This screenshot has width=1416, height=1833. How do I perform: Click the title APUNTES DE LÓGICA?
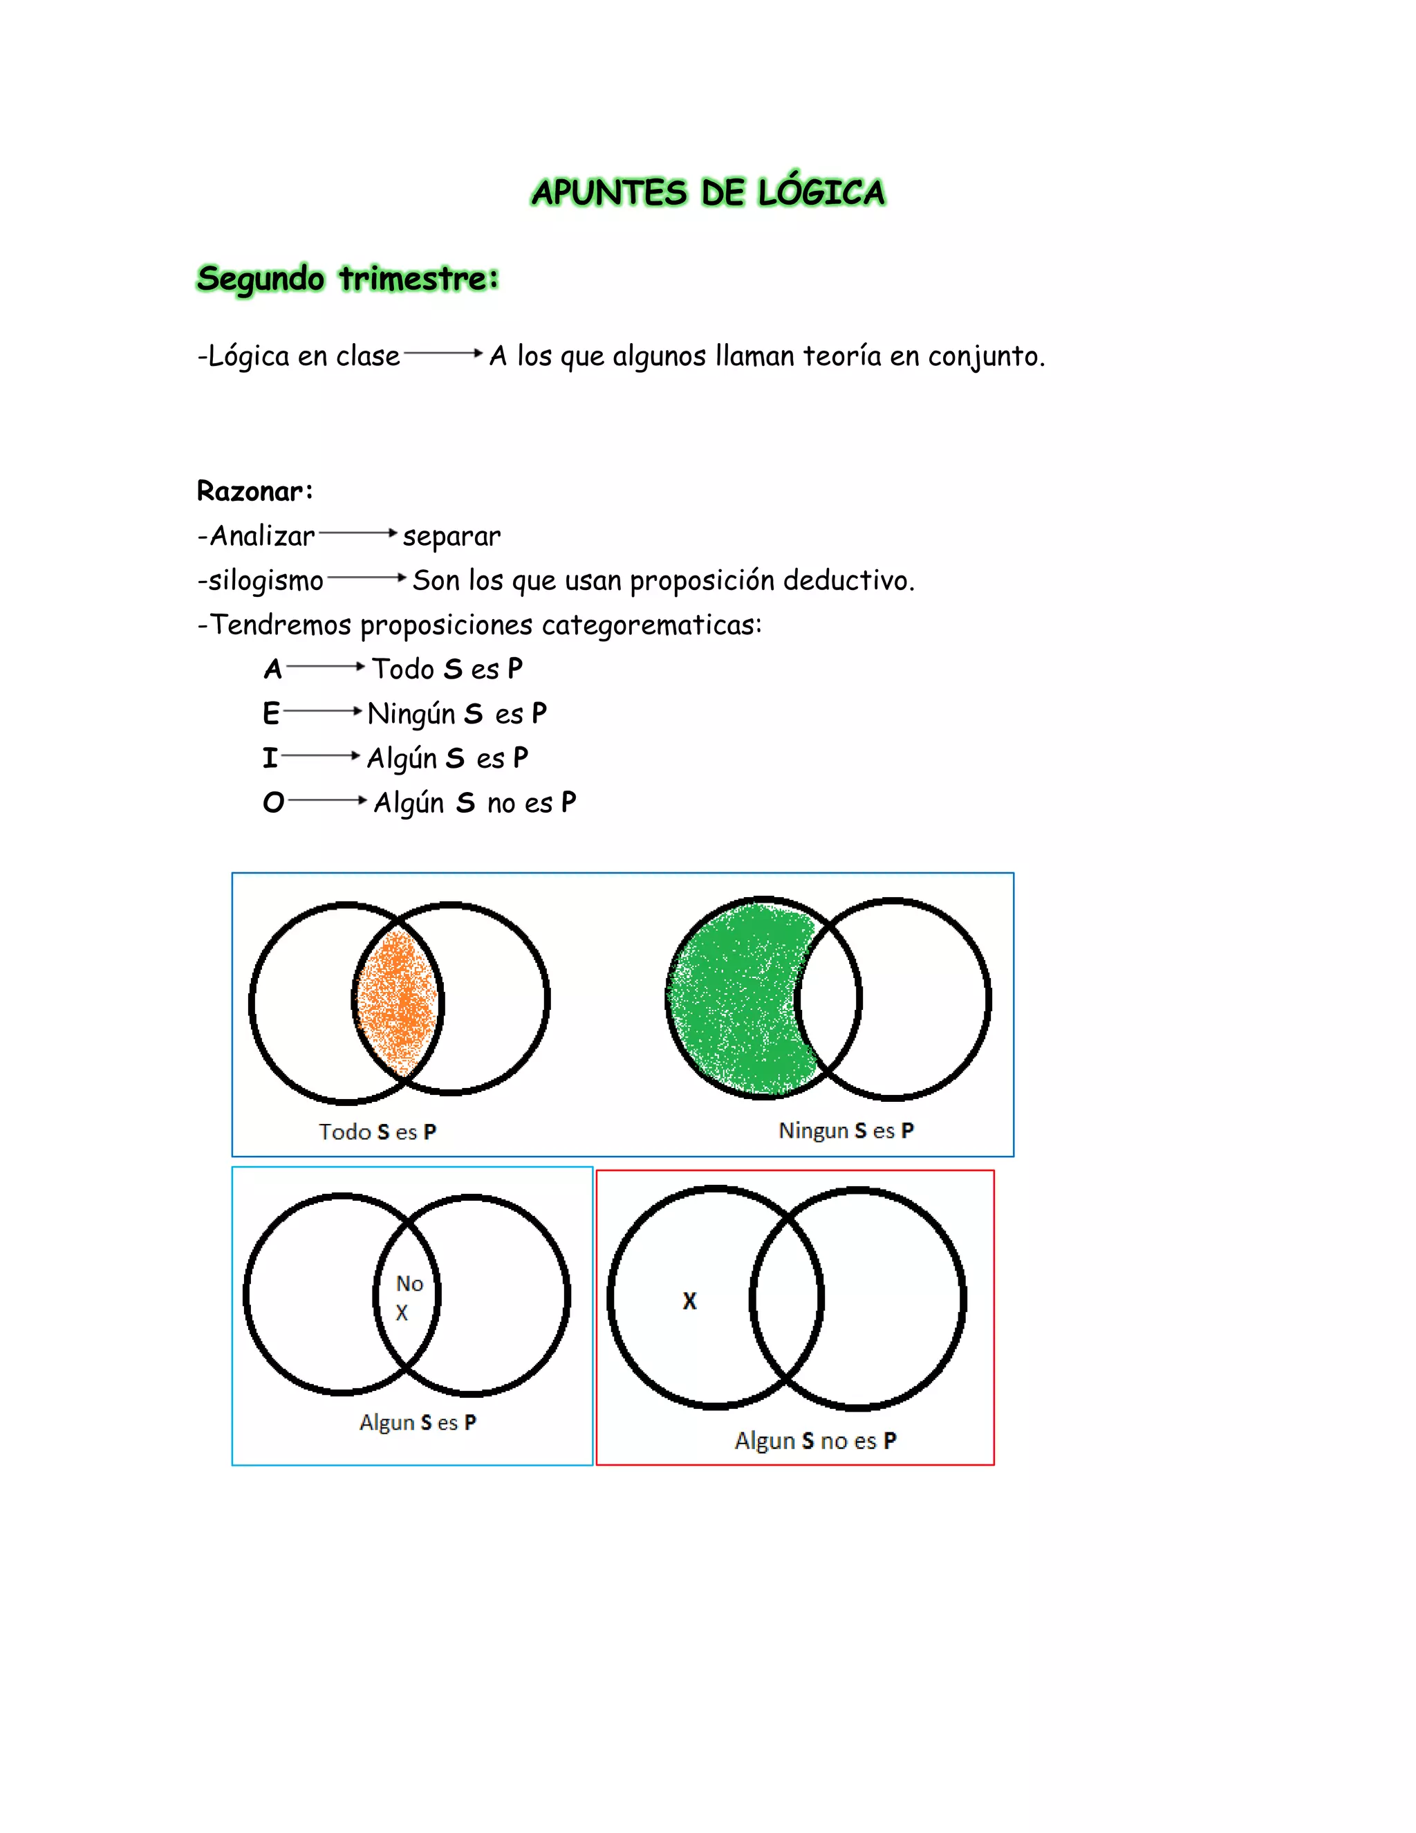tap(708, 192)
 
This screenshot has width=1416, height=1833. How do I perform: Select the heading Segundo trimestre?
tap(347, 279)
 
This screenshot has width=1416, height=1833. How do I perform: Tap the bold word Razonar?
tap(254, 491)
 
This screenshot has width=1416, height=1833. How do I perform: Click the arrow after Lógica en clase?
tap(444, 354)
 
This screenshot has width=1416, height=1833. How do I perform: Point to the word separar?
tap(451, 536)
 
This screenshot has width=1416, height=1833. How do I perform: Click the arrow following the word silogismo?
tap(366, 578)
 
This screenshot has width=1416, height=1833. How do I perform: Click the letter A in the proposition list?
tap(272, 669)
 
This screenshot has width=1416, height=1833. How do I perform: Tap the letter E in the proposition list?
tap(270, 713)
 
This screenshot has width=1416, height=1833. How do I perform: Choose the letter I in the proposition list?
tap(269, 758)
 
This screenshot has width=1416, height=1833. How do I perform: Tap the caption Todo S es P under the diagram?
tap(378, 1132)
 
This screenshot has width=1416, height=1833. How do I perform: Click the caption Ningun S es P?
tap(846, 1130)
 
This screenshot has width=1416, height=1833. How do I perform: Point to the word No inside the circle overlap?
tap(409, 1283)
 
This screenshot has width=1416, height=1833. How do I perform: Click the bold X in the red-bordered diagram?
tap(689, 1301)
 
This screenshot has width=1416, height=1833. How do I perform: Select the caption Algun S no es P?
tap(815, 1440)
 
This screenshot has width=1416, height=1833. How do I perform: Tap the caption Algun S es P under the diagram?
tap(418, 1423)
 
